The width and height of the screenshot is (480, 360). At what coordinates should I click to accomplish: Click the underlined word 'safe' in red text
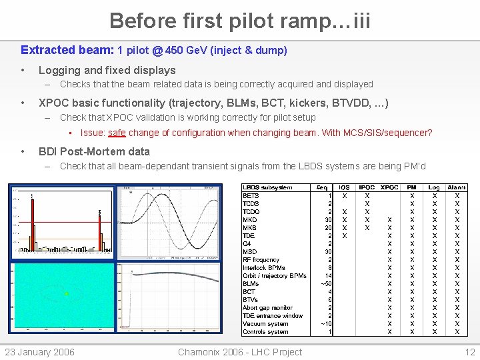pyautogui.click(x=117, y=133)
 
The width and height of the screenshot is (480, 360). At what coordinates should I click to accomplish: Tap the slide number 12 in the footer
pyautogui.click(x=470, y=352)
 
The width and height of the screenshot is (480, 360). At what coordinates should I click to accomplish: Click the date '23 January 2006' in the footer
pyautogui.click(x=40, y=352)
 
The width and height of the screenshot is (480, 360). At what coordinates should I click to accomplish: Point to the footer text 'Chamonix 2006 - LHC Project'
pyautogui.click(x=240, y=352)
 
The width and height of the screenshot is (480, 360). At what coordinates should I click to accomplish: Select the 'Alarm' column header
pyautogui.click(x=457, y=187)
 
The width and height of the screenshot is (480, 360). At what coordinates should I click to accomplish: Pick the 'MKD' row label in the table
pyautogui.click(x=250, y=219)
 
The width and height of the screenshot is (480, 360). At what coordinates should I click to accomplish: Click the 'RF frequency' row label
pyautogui.click(x=261, y=259)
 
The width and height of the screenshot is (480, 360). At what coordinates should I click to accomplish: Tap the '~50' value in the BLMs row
pyautogui.click(x=326, y=283)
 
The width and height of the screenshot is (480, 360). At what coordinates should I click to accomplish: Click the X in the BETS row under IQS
pyautogui.click(x=344, y=195)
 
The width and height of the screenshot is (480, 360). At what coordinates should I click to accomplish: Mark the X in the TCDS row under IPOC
pyautogui.click(x=367, y=203)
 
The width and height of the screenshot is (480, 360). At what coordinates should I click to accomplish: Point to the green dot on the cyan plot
pyautogui.click(x=66, y=293)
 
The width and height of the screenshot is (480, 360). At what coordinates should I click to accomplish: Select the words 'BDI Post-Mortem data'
pyautogui.click(x=94, y=151)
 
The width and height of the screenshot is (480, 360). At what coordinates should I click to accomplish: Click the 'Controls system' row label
pyautogui.click(x=265, y=331)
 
